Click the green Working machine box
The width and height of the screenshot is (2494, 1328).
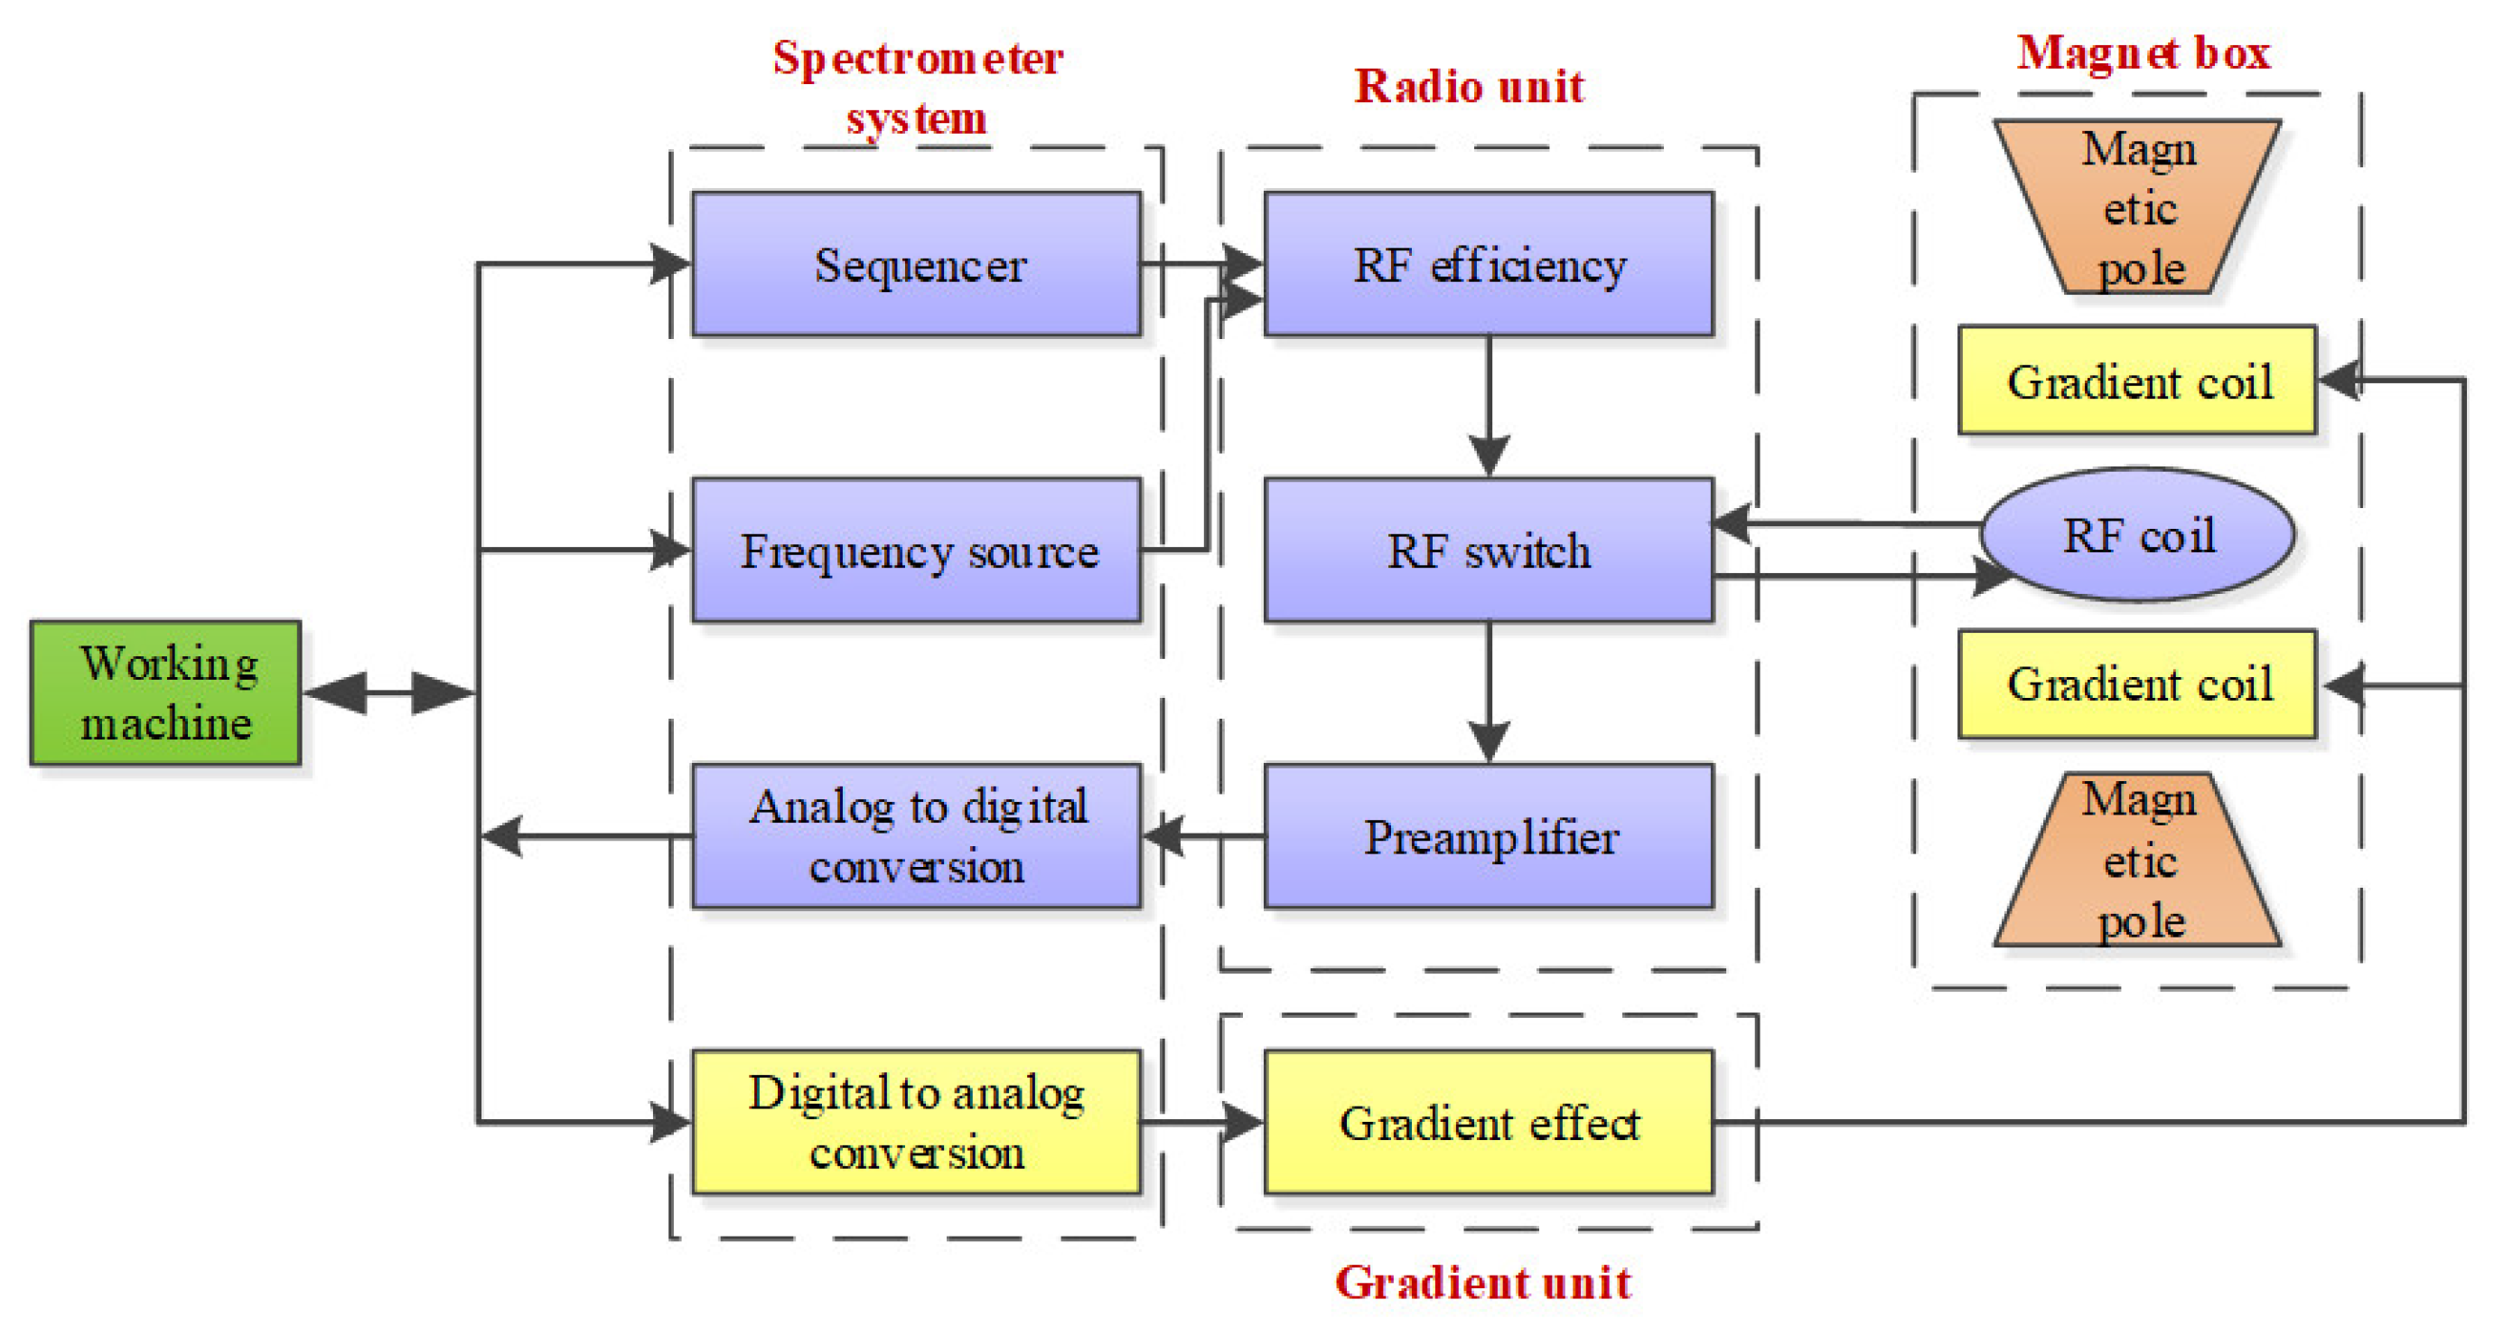click(165, 692)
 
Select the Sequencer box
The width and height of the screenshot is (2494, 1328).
click(916, 263)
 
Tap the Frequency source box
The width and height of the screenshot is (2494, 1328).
click(916, 550)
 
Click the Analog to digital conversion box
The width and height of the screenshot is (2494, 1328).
click(916, 835)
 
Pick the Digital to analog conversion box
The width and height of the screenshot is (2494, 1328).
click(916, 1122)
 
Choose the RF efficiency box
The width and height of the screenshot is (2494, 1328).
click(1488, 263)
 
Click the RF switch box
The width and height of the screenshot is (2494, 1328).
click(1488, 550)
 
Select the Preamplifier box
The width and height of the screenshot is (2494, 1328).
click(1488, 835)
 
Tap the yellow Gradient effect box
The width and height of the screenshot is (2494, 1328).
click(1488, 1122)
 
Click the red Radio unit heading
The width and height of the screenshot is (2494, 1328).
click(1468, 86)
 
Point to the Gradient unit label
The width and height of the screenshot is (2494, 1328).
click(1482, 1283)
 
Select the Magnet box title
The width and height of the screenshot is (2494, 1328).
click(2143, 52)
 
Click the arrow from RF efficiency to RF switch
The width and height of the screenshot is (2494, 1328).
click(1488, 407)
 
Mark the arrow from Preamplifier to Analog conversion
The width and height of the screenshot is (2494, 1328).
click(1202, 835)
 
